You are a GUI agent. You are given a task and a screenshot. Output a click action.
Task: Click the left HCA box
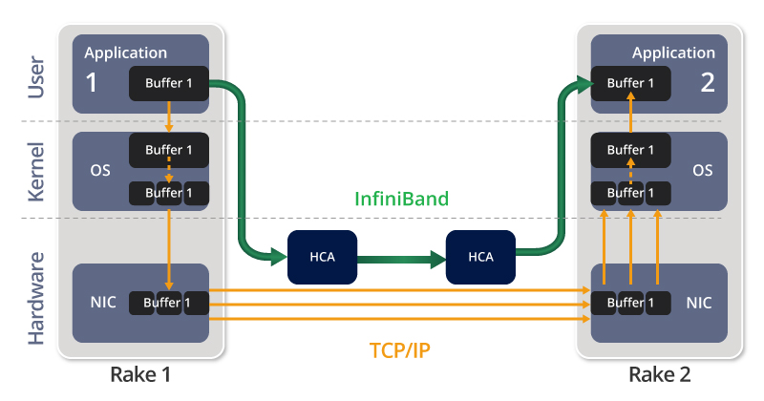322,257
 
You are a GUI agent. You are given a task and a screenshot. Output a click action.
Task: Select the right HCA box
480,257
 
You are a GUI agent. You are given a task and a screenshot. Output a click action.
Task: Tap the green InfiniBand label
401,199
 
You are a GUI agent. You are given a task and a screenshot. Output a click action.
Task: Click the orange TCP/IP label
400,350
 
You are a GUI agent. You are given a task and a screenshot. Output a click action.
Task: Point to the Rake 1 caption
140,374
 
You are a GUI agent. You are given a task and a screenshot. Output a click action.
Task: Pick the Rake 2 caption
659,374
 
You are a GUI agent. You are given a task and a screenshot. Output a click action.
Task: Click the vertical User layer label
36,77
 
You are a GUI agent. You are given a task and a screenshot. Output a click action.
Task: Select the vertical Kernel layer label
36,172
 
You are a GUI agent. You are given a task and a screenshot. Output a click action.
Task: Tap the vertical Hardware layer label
36,299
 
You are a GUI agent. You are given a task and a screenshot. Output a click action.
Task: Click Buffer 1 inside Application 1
169,83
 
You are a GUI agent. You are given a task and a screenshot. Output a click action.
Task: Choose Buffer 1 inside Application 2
630,83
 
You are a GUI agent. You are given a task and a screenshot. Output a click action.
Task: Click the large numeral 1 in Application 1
91,82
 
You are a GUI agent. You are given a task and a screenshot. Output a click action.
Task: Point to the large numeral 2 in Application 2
708,82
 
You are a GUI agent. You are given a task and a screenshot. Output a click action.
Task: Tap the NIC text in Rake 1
103,302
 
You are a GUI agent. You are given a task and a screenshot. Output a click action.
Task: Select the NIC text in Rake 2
699,303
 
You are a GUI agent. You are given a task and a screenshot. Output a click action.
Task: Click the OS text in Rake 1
100,170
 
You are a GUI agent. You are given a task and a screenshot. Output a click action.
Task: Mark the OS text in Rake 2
703,170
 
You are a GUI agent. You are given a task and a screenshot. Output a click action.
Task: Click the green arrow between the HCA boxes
401,259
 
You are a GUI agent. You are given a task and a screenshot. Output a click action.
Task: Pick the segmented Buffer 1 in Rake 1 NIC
169,303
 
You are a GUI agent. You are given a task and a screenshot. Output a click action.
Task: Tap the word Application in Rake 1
126,53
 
